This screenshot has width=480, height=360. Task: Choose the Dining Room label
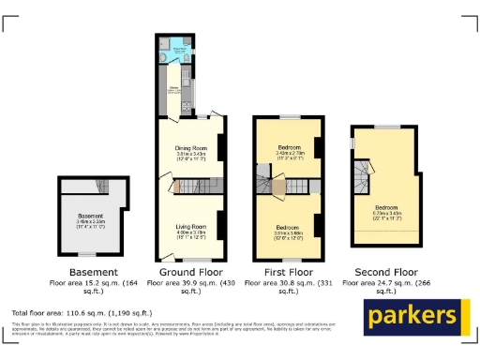coord(190,148)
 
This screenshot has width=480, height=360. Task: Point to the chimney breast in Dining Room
coord(220,147)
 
